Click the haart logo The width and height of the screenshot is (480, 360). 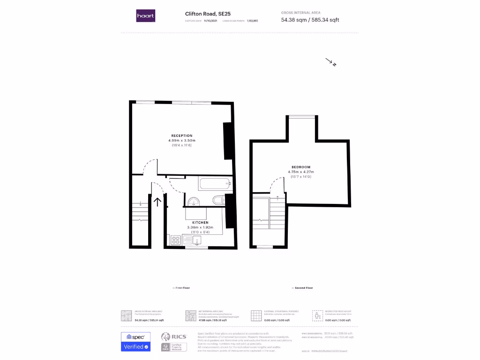coord(145,16)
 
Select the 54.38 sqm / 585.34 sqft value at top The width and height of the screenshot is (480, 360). coord(310,20)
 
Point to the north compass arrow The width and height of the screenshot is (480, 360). coord(331,62)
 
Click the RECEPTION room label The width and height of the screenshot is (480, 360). coord(182,136)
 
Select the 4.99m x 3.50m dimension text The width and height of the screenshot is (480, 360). coord(182,141)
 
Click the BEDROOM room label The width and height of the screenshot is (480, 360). coord(301,167)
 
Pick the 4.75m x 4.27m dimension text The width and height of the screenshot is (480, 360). coord(301,172)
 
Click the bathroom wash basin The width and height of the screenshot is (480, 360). coord(194,202)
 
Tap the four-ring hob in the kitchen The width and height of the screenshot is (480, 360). coord(176,240)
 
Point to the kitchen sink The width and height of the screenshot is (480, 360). coord(198,241)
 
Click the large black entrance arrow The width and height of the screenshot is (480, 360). coord(157,202)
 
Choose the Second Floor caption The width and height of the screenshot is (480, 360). coord(303,288)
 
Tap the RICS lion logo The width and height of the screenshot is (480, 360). coord(165,337)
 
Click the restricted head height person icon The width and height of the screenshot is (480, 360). coord(317,315)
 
